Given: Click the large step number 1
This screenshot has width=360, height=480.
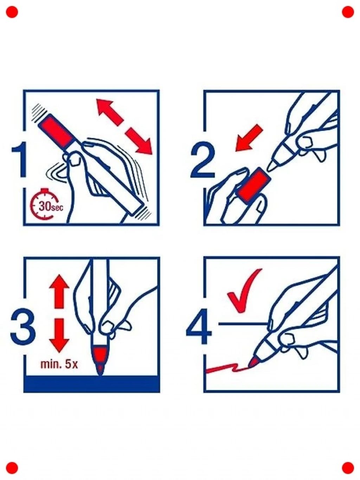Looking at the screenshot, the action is coord(20,160).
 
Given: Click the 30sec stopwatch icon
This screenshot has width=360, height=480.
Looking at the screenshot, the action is coord(45,206).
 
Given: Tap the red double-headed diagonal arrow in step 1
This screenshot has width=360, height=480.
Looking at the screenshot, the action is coord(124,126).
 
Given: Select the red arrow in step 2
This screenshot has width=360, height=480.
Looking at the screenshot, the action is coord(249,138).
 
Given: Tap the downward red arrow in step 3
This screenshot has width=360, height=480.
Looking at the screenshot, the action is coord(59,335).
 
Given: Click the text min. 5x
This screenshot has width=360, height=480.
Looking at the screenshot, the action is coord(59,365).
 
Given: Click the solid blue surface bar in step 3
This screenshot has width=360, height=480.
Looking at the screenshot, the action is coord(92,384).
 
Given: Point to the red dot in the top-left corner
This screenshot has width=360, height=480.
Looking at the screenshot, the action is coord(12,12).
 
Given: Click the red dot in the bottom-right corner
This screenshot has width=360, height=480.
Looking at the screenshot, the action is coord(348,468).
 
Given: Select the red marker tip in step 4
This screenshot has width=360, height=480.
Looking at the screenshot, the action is coord(253,362).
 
